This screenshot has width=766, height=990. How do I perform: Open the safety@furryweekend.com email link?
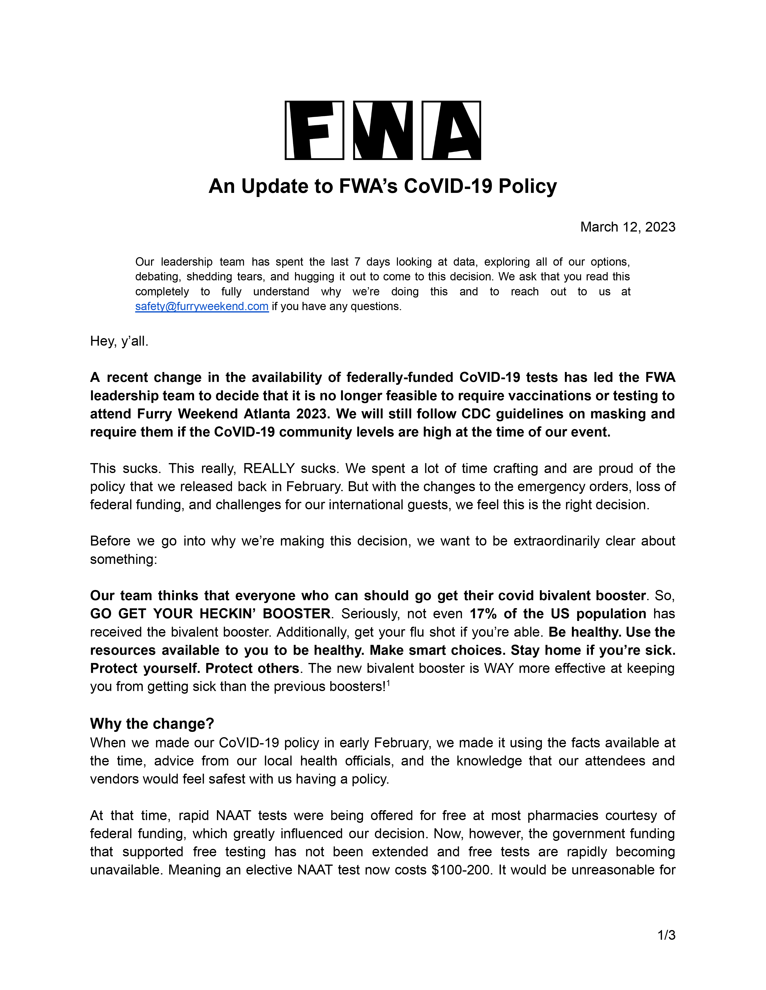202,306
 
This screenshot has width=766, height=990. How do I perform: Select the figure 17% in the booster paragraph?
482,614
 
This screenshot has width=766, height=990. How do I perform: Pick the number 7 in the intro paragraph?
357,262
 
